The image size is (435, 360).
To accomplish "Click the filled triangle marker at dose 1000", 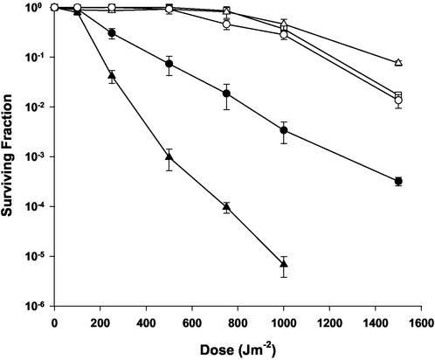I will coord(284,263).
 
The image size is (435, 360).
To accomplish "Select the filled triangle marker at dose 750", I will coord(227,207).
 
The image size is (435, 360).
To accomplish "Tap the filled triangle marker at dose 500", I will coord(169,157).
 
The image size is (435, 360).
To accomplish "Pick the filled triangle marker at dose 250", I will coord(112,77).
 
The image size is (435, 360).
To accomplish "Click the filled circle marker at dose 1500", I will coord(398,181).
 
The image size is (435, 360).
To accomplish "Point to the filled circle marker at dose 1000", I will coord(284,130).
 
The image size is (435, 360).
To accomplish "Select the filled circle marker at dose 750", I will coord(227,93).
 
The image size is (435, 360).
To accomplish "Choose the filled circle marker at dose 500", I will coord(169,65).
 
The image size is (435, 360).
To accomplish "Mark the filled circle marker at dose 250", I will coord(112,33).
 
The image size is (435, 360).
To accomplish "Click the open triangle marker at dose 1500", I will coord(398,63).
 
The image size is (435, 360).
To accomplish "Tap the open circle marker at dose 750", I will coord(227,24).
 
